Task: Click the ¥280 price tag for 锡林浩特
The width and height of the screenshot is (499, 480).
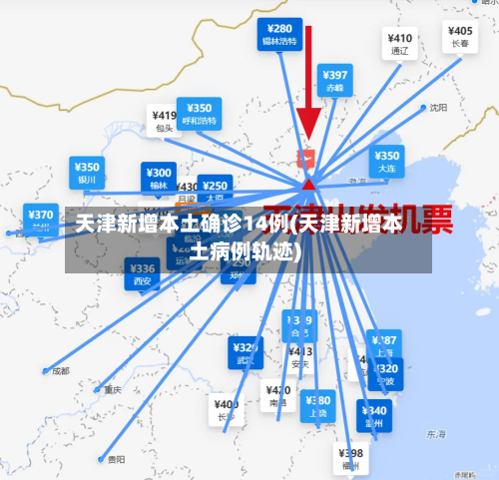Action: [279, 34]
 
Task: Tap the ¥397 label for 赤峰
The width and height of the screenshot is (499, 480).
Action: [335, 79]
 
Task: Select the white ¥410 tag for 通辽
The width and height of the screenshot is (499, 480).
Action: [401, 43]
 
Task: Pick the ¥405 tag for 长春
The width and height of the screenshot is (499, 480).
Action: [460, 37]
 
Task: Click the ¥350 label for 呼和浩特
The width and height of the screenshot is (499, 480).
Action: [199, 113]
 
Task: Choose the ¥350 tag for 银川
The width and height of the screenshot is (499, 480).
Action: [87, 172]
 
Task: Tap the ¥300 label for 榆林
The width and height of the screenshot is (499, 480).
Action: [159, 177]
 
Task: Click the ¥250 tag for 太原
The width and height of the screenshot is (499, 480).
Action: [215, 190]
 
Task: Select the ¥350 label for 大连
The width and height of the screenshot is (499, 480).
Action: [386, 162]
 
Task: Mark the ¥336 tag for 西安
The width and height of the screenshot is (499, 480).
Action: [143, 273]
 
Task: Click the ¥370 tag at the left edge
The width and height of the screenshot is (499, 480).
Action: [41, 219]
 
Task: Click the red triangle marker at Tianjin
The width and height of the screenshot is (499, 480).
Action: [309, 184]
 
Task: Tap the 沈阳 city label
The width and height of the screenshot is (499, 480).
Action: [438, 108]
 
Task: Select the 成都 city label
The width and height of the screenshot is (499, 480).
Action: [61, 371]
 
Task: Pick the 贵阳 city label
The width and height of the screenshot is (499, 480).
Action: [116, 460]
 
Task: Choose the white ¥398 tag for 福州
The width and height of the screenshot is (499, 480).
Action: [351, 458]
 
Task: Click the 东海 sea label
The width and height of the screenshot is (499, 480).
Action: [436, 435]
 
